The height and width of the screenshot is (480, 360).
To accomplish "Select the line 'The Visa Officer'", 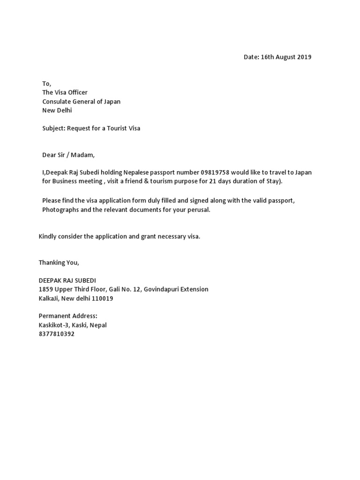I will point(65,92).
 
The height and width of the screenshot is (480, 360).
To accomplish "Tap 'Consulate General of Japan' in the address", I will point(81,102).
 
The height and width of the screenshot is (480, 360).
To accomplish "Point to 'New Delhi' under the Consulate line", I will point(57,111).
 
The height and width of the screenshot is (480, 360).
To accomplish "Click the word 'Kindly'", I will point(48,236).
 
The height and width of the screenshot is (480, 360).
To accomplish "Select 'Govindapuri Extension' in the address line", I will point(176,289).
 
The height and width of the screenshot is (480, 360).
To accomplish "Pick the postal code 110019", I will point(103,298).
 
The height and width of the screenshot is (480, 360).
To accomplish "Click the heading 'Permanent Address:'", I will point(67,316).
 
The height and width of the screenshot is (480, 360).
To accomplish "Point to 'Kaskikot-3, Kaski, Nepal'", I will point(72,325).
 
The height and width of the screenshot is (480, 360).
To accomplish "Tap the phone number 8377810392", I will point(56,334).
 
